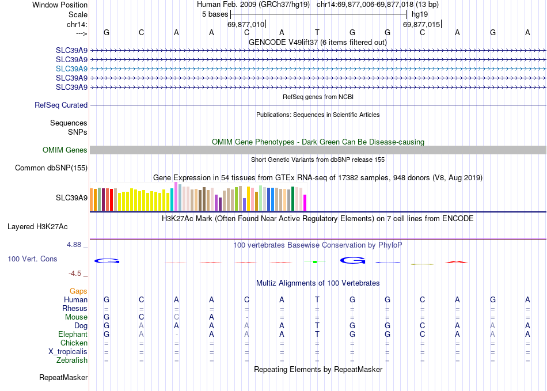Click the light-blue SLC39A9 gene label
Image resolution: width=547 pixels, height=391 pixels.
pyautogui.click(x=71, y=69)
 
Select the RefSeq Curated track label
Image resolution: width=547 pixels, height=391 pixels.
pyautogui.click(x=61, y=105)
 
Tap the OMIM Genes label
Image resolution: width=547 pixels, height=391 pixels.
pyautogui.click(x=65, y=150)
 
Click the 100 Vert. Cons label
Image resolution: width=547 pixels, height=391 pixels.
pyautogui.click(x=32, y=259)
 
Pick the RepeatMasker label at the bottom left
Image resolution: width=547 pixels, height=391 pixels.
pyautogui.click(x=63, y=378)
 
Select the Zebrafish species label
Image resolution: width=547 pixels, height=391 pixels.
pyautogui.click(x=73, y=360)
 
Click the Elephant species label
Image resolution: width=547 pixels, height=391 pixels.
pyautogui.click(x=73, y=335)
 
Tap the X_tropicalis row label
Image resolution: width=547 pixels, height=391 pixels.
pyautogui.click(x=68, y=352)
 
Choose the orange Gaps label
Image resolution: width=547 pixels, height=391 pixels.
pyautogui.click(x=78, y=291)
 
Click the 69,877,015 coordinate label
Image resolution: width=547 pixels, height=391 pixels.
pyautogui.click(x=421, y=24)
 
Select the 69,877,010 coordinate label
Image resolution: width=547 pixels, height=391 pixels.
pyautogui.click(x=246, y=24)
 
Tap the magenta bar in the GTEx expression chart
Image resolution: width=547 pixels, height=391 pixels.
pyautogui.click(x=305, y=203)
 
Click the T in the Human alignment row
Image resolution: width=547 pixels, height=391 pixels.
pyautogui.click(x=317, y=299)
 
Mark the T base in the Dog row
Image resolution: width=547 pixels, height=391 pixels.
pyautogui.click(x=317, y=325)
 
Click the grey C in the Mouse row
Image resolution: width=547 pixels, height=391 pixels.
pyautogui.click(x=177, y=317)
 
